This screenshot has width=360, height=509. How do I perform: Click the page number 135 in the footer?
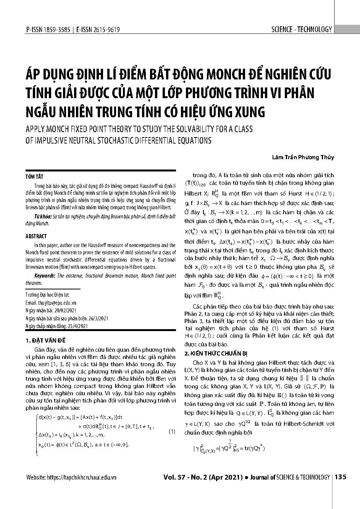[341, 477]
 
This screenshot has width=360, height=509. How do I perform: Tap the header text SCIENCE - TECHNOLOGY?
[302, 29]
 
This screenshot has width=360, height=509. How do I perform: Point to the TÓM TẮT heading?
[34, 177]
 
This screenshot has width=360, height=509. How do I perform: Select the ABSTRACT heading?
[36, 236]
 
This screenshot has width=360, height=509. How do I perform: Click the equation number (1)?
[172, 432]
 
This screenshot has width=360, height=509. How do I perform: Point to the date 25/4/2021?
[78, 326]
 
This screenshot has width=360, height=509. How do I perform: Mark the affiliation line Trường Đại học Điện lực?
[47, 295]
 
